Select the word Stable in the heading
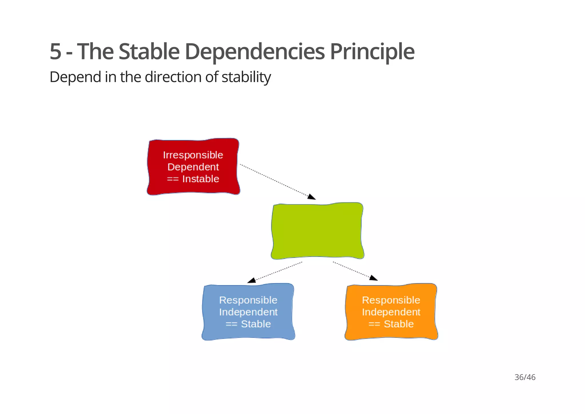tap(149, 52)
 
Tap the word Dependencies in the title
tap(255, 52)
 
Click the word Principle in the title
tap(372, 52)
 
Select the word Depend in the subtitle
tap(75, 77)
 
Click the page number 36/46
tap(525, 377)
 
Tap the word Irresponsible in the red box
tap(193, 155)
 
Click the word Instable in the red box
tap(201, 179)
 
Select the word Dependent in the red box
tap(193, 167)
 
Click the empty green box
tap(317, 231)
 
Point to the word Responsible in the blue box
tap(248, 300)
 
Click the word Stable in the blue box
tap(256, 324)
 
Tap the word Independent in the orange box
tap(391, 312)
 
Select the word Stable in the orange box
tap(398, 324)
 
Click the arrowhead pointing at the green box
tap(312, 197)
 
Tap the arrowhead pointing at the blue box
tap(252, 280)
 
